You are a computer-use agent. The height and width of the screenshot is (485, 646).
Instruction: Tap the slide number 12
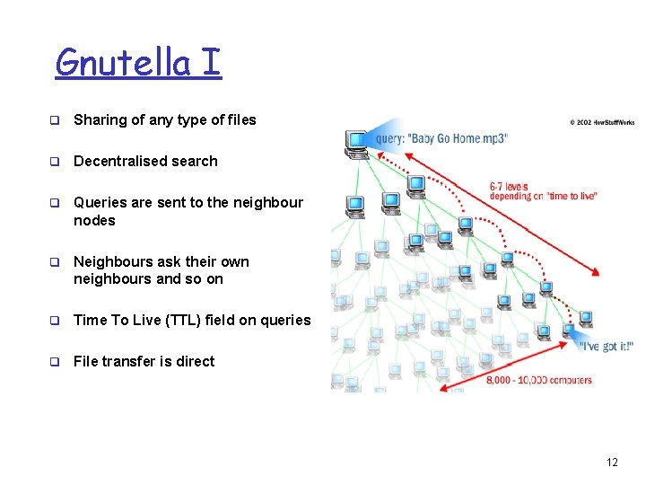pos(612,463)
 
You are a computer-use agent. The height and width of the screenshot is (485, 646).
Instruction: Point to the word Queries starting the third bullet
pos(100,203)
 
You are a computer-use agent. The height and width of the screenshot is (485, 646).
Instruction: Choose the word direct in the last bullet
pos(195,362)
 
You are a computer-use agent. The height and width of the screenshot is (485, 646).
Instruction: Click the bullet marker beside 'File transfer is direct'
pos(54,362)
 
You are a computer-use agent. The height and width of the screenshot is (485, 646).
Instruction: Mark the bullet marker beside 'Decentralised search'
pos(54,162)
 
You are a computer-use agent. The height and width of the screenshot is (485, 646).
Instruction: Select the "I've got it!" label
pos(607,347)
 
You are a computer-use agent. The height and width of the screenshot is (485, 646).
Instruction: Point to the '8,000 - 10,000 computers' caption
pos(539,381)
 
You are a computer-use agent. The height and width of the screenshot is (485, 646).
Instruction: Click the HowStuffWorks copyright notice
pos(602,122)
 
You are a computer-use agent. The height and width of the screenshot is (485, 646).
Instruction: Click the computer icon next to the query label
pos(357,140)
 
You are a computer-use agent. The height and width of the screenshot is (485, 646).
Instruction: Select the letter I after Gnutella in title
pos(212,63)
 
